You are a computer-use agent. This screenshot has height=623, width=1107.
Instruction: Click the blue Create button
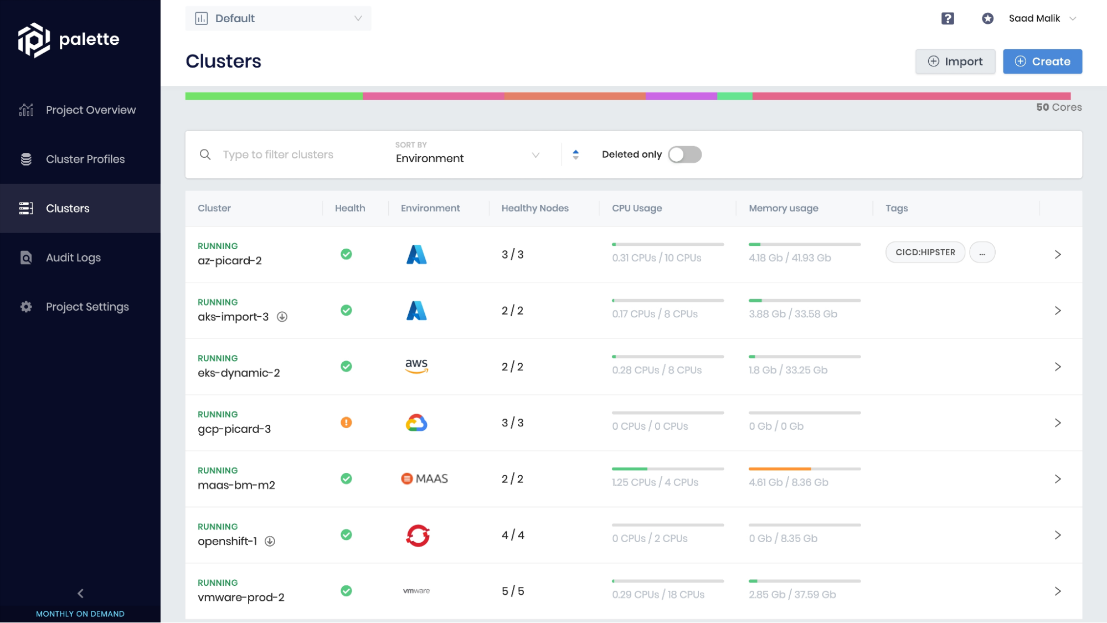[1042, 61]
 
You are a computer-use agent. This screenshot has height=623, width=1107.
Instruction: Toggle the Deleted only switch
[684, 155]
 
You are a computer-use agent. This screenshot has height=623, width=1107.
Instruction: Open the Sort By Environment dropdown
[467, 155]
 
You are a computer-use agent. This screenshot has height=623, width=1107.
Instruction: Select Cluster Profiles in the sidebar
[85, 159]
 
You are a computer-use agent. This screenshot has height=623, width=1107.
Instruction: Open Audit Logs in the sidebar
[73, 258]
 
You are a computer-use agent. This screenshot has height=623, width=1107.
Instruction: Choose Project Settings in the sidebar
[87, 307]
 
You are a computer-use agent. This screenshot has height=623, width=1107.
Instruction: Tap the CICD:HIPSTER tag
[925, 253]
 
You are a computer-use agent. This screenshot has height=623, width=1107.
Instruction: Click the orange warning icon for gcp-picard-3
[346, 423]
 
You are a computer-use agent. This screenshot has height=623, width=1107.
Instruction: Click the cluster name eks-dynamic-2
[239, 373]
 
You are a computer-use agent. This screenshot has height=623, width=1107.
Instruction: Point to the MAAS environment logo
[424, 479]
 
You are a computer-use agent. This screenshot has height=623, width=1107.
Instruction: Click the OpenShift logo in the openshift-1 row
[418, 536]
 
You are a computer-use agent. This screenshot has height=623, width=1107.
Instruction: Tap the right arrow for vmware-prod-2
[1057, 591]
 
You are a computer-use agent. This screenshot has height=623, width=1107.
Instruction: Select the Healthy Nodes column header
[534, 208]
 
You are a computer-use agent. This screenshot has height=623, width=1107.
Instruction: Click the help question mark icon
[948, 18]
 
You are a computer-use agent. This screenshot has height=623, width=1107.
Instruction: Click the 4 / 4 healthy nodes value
[513, 536]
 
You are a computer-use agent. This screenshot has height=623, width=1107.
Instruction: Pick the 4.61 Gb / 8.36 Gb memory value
[788, 482]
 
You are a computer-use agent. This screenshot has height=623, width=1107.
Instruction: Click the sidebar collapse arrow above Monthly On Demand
[80, 594]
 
